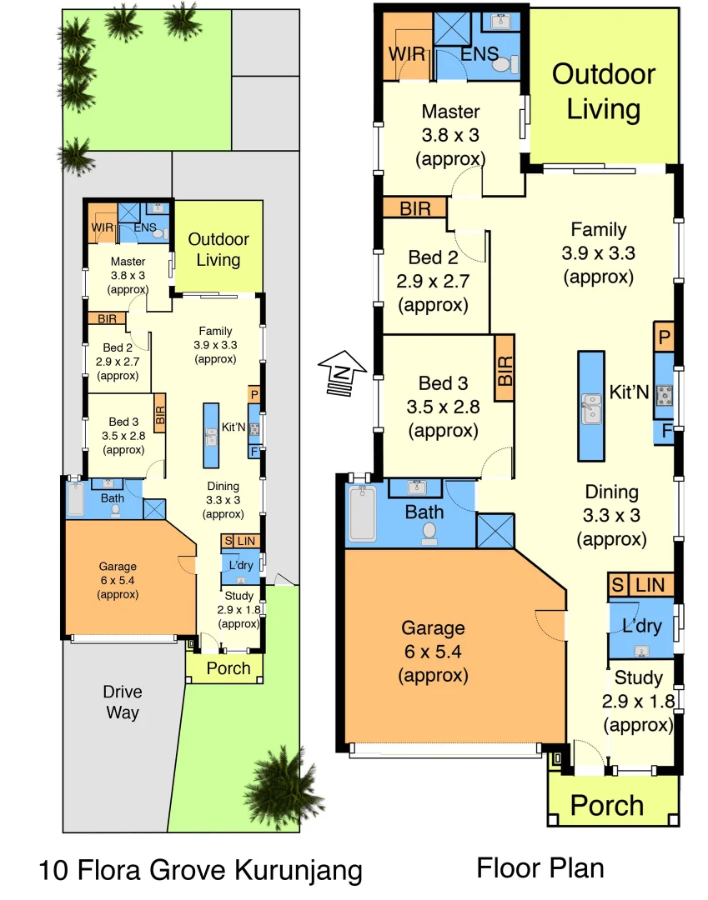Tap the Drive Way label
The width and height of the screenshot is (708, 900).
[x=123, y=702]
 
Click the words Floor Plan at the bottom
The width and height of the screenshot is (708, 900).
[x=540, y=867]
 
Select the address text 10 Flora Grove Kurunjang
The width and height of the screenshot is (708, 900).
[x=200, y=871]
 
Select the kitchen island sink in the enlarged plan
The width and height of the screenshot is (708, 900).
[x=591, y=407]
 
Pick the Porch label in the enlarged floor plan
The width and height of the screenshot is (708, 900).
[x=607, y=806]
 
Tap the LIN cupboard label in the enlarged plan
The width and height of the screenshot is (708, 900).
[x=650, y=585]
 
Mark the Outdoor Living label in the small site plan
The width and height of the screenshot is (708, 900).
[x=218, y=249]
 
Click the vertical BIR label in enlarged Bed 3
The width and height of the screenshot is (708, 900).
[x=505, y=367]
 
